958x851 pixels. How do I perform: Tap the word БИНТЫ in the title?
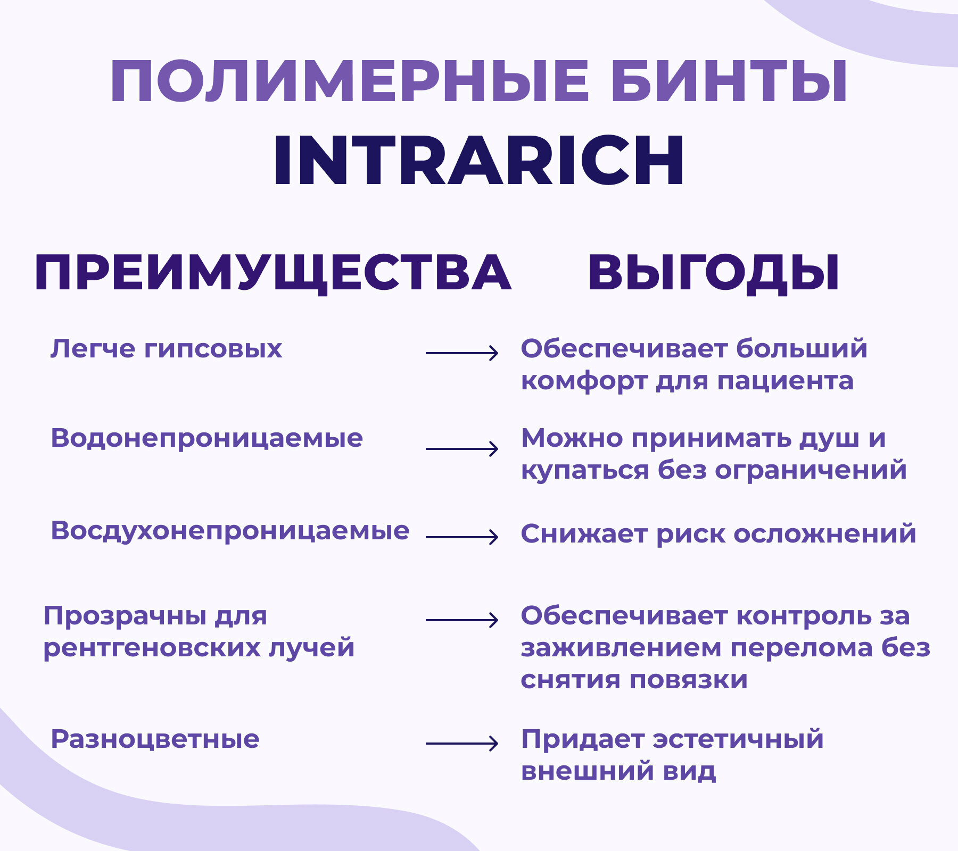coord(729,82)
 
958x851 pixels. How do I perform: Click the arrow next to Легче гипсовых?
coord(462,353)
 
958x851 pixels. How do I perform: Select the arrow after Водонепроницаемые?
coord(462,449)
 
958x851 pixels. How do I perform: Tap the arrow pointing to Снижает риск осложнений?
coord(462,537)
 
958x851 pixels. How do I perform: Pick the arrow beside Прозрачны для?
coord(462,620)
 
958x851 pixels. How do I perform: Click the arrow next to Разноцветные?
coord(462,743)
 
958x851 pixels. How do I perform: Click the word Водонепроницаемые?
coord(207,439)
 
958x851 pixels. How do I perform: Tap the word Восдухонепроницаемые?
coord(230,531)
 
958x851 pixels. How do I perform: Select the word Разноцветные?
coord(155,739)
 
